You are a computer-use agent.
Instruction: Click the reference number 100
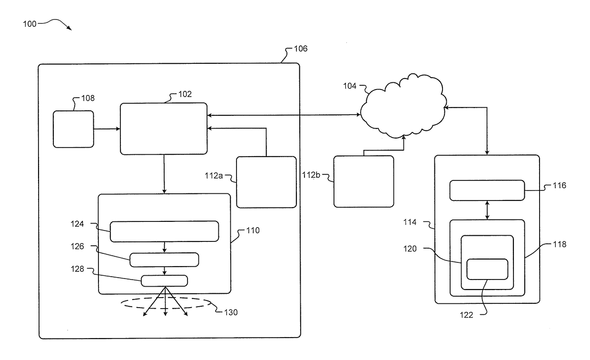pos(29,24)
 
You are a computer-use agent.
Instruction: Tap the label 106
pos(301,49)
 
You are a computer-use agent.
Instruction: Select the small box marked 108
pos(73,129)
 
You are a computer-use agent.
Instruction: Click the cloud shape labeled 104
pos(403,106)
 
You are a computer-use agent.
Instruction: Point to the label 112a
pos(214,176)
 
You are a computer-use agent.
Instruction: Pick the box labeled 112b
pos(364,181)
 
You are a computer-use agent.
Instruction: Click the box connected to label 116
pos(487,190)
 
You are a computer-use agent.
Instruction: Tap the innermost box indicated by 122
pos(487,269)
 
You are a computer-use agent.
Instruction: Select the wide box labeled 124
pos(164,231)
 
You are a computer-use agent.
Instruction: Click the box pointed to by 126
pos(164,260)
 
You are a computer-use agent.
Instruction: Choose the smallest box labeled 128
pos(164,281)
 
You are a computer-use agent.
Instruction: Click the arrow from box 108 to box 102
pos(107,129)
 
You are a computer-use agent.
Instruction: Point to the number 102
pos(185,94)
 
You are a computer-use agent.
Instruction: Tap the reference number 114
pos(410,222)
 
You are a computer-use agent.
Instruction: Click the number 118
pos(560,244)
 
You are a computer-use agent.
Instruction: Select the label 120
pos(410,249)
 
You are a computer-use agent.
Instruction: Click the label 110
pos(253,230)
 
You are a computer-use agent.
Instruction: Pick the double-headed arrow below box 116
pos(487,210)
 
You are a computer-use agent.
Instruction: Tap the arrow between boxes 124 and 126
pos(164,247)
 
